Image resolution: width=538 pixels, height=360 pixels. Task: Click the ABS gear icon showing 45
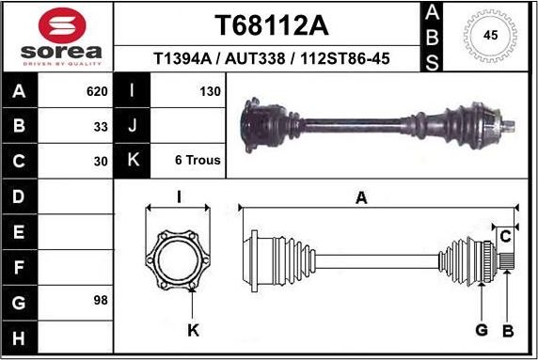coord(490,36)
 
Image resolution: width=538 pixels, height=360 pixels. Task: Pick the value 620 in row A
coord(97,92)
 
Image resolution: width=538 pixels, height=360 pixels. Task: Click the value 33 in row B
coord(101,126)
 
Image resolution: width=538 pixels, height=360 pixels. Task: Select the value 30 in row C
coord(101,160)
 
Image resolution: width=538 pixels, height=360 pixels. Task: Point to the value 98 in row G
coord(101,301)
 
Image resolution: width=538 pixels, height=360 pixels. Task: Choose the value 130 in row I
coord(210,92)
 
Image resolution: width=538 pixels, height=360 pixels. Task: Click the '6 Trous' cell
coord(198,160)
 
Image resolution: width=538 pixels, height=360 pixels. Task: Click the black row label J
coord(132,126)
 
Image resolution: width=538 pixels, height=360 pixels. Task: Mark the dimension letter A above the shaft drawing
coord(361,197)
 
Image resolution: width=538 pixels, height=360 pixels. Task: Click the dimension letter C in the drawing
coord(505,234)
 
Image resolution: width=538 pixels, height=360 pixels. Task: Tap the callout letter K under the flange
coord(193,329)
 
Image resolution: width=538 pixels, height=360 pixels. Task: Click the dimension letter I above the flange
coord(179,197)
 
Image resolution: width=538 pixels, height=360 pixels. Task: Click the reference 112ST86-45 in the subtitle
coord(344,59)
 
